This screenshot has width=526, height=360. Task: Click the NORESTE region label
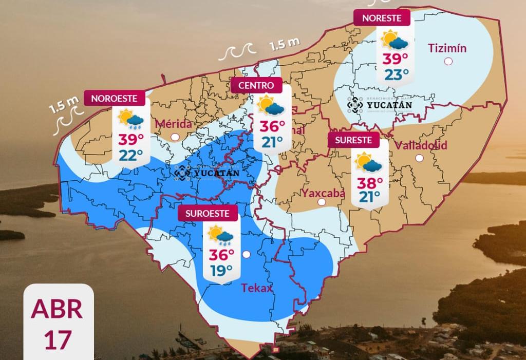[x=382, y=18]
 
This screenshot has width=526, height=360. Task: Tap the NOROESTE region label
[x=114, y=98]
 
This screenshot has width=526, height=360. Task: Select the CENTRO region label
[x=256, y=85]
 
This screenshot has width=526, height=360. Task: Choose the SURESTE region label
[x=354, y=140]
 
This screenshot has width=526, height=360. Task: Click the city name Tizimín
[x=447, y=48]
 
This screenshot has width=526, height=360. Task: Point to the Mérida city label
[x=173, y=124]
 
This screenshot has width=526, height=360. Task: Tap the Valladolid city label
[x=421, y=145]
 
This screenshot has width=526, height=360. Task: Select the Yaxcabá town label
[x=323, y=193]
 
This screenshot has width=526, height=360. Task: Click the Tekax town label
[x=257, y=288]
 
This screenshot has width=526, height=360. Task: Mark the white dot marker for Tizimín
[x=448, y=62]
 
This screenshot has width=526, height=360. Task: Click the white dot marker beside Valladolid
[x=420, y=159]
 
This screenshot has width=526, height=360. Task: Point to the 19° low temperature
[x=221, y=270]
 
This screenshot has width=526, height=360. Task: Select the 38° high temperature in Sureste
[x=370, y=182]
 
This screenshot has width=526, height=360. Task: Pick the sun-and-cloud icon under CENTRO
[x=271, y=106]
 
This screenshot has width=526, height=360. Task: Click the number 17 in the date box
[x=58, y=340]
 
